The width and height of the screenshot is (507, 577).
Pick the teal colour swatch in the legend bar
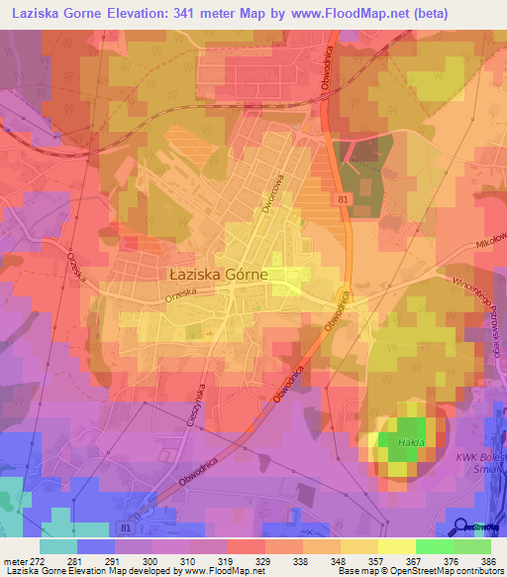click(58, 546)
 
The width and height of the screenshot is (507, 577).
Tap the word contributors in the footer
click(476, 571)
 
